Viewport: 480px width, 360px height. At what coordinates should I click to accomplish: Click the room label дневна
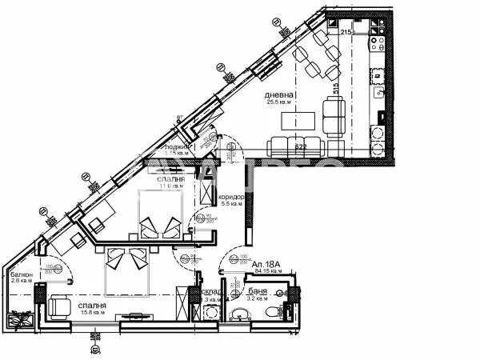coord(280,94)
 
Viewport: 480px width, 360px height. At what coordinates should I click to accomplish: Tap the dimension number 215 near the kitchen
coord(346,32)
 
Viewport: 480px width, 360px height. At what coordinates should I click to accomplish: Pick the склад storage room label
coord(210,293)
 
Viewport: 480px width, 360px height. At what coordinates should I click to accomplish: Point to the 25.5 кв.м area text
coord(280,102)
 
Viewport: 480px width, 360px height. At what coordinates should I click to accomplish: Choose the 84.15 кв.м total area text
coord(266,271)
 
